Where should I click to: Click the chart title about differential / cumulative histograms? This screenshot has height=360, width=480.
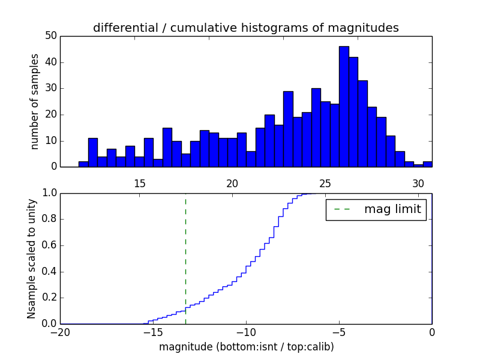point(245,28)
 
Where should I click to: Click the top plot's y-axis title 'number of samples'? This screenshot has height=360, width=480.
point(35,101)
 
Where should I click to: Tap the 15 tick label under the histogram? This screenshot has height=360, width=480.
point(140,184)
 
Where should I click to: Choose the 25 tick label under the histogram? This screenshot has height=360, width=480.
point(325,184)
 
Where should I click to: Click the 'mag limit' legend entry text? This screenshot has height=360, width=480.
point(392,209)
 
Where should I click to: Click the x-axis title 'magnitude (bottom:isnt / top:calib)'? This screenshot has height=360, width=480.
point(246,347)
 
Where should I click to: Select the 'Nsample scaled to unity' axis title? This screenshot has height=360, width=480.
point(31,258)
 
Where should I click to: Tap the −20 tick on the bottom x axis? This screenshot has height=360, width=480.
point(60,332)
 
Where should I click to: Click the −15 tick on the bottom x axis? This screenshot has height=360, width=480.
point(153,332)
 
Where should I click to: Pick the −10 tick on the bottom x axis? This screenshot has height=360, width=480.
point(246,332)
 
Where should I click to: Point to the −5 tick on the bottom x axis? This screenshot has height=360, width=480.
point(339,332)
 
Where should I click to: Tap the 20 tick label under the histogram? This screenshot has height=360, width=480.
point(233,184)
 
